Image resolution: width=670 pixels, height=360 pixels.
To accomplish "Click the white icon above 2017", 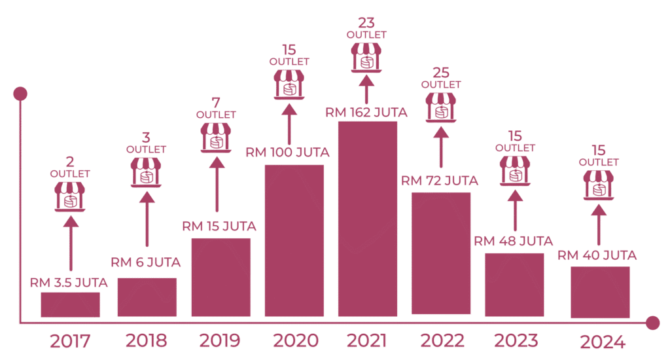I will (69, 188).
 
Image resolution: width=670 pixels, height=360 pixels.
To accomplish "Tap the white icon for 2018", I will (146, 163).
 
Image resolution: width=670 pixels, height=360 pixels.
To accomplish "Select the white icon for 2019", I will (216, 128).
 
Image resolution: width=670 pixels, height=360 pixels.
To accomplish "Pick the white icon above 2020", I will (289, 75).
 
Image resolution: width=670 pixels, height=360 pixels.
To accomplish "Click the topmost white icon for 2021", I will (366, 48).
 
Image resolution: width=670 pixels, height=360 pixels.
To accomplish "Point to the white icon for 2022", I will (440, 98).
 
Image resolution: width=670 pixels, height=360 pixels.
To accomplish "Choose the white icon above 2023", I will (515, 162).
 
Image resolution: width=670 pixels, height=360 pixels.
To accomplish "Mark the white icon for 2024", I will (598, 175).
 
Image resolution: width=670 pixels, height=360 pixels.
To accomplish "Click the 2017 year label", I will (69, 340).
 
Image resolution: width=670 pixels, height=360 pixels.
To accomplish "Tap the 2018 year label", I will (146, 340).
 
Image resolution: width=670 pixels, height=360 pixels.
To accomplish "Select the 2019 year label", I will (218, 340).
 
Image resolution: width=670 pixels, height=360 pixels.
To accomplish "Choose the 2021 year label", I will (367, 340).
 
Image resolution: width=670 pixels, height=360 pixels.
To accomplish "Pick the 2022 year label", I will (442, 340).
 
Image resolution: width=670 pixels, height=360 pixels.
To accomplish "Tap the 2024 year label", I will (597, 340).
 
